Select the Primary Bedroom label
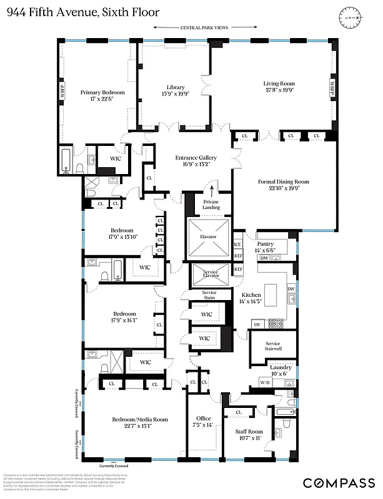(102, 92)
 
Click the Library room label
(176, 87)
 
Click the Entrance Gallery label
(196, 158)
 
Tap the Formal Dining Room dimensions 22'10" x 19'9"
(284, 190)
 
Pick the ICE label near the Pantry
(237, 245)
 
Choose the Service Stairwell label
(272, 347)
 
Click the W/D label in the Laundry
(264, 382)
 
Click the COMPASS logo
(339, 483)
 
